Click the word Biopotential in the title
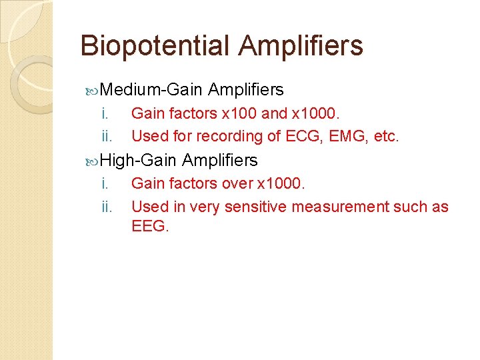(x=155, y=46)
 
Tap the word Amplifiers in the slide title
(x=301, y=46)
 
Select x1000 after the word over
(x=280, y=183)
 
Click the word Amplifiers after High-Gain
(x=219, y=160)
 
